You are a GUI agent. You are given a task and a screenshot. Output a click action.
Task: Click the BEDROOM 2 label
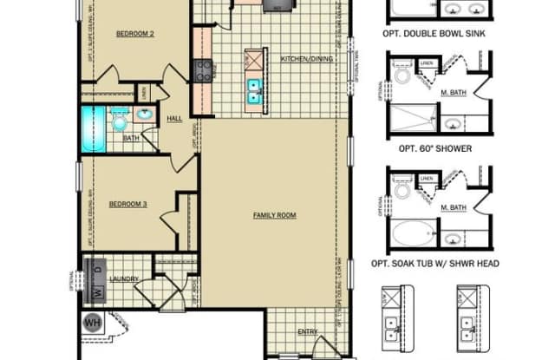point(134,34)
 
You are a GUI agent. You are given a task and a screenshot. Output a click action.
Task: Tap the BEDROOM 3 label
point(127,204)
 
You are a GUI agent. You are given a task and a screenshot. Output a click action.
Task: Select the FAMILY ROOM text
point(270,214)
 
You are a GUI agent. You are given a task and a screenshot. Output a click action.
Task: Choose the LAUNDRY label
point(122,278)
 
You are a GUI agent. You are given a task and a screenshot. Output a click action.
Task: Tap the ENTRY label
point(308,331)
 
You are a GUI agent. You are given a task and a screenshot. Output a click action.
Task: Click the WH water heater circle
point(92,324)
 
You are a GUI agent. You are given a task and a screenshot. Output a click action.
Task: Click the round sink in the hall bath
point(144,115)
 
